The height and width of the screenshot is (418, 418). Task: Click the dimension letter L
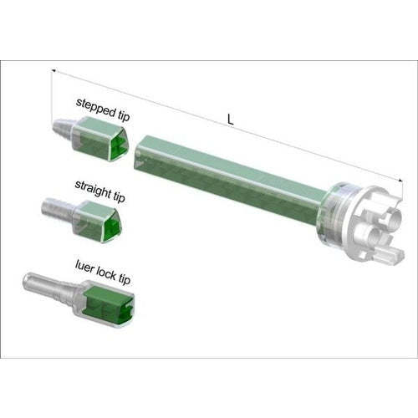[x=230, y=120]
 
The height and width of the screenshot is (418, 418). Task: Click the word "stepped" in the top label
[x=96, y=108]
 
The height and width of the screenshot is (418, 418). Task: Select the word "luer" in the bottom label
[x=84, y=267]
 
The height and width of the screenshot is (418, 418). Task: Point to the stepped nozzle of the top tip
[x=63, y=127]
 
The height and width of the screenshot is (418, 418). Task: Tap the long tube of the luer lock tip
[x=49, y=288]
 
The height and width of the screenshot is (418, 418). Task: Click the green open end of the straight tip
[x=113, y=227]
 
